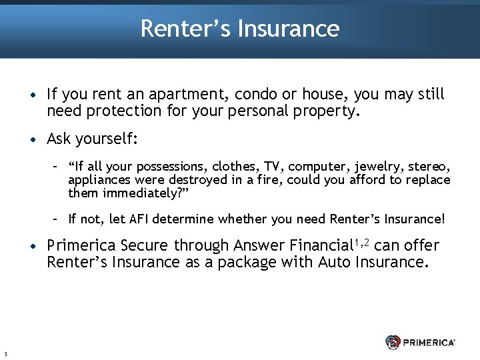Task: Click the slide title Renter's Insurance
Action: coord(240,29)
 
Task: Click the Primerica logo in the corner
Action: coord(420,342)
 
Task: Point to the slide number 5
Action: coord(5,353)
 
